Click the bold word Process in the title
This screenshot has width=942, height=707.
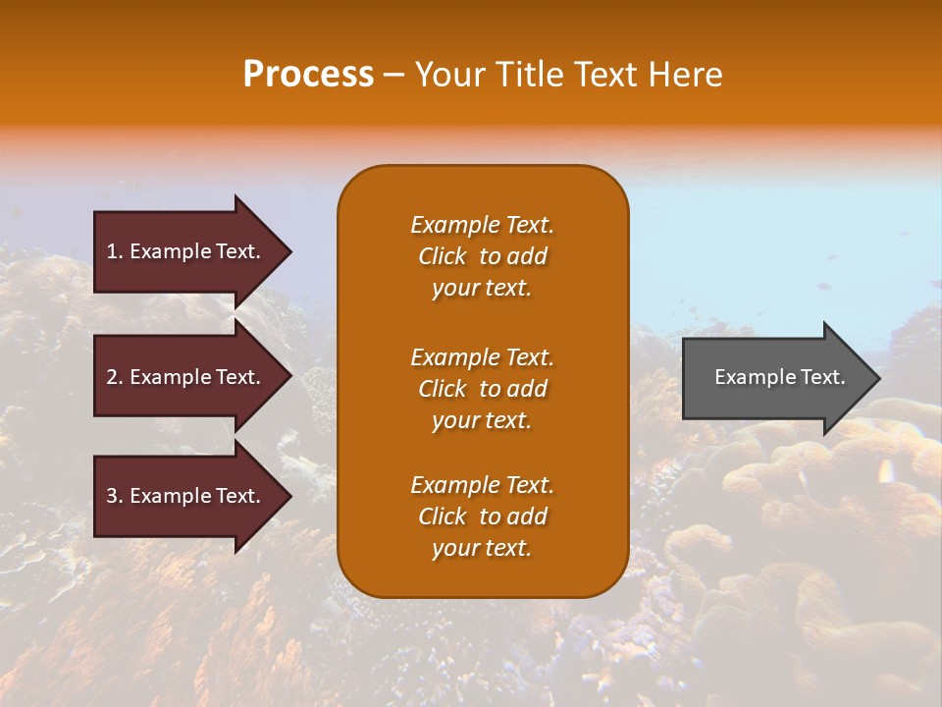[308, 75]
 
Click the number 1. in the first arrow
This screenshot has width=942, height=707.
[115, 251]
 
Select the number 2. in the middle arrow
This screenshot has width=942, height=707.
[115, 377]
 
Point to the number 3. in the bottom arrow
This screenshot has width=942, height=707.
[115, 496]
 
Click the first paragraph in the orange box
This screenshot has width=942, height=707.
[482, 256]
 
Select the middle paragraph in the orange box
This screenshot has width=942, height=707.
[482, 389]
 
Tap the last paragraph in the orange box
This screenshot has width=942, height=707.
[482, 517]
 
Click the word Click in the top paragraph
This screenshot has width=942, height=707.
[443, 256]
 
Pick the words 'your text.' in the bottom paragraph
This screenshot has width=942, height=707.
[482, 549]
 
